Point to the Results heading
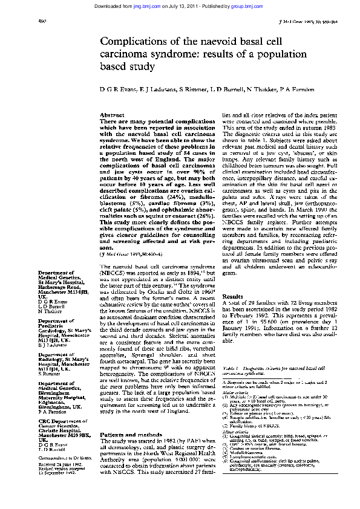(x=233, y=280)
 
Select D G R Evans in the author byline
(x=116, y=89)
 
